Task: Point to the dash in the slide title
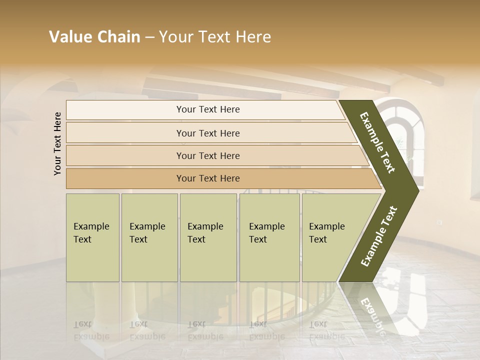(x=149, y=37)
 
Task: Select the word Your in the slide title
(x=175, y=37)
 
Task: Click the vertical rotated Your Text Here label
(x=57, y=144)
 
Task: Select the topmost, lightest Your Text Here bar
(x=208, y=109)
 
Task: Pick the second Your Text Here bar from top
(x=208, y=133)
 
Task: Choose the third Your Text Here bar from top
(x=208, y=155)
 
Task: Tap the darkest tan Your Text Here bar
(x=208, y=178)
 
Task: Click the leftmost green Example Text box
(x=92, y=237)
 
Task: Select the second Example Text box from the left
(x=149, y=237)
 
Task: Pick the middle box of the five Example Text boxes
(x=208, y=237)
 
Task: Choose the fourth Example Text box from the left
(x=269, y=237)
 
